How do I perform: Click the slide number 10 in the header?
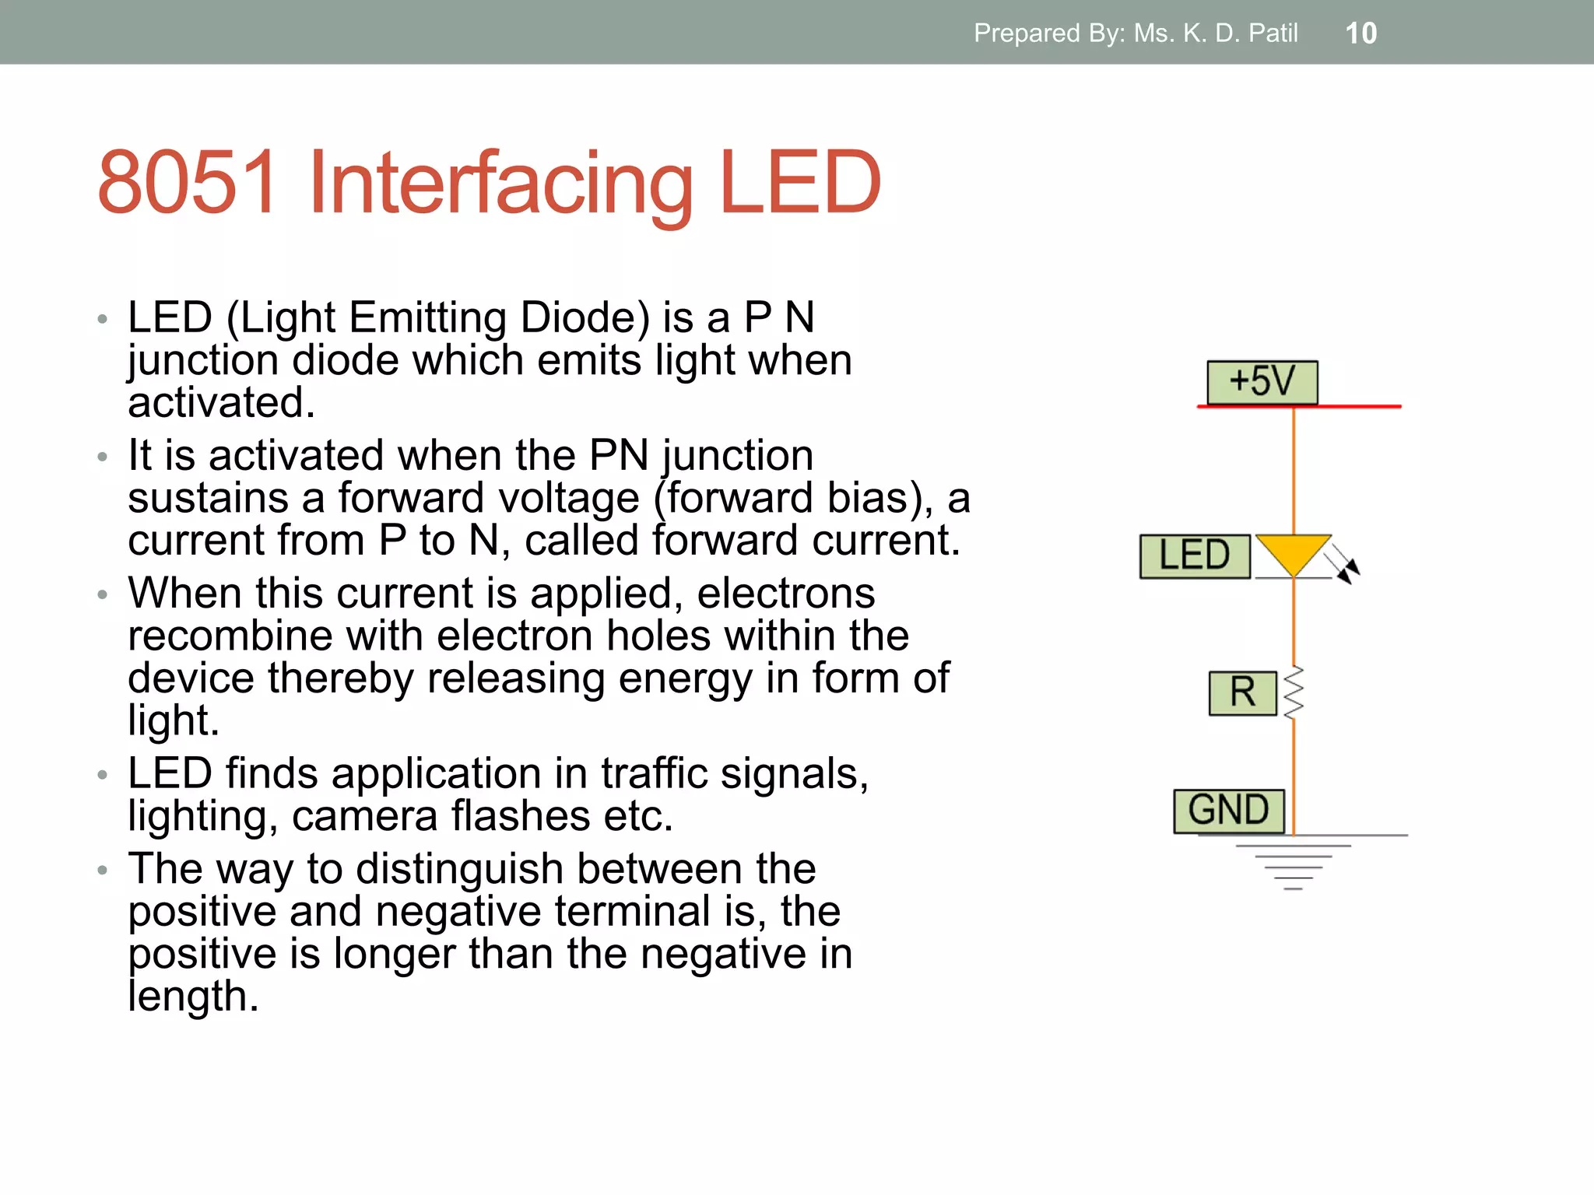pos(1361,33)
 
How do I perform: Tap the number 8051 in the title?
pos(188,182)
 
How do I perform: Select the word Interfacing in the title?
pos(501,184)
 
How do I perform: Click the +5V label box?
pos(1262,382)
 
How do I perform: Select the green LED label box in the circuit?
pos(1195,556)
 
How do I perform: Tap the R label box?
pos(1243,692)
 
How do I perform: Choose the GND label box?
pos(1229,811)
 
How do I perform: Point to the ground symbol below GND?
pos(1294,864)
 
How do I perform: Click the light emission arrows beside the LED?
pos(1344,563)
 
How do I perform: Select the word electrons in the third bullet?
pos(785,594)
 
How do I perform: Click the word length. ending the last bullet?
pos(193,997)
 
